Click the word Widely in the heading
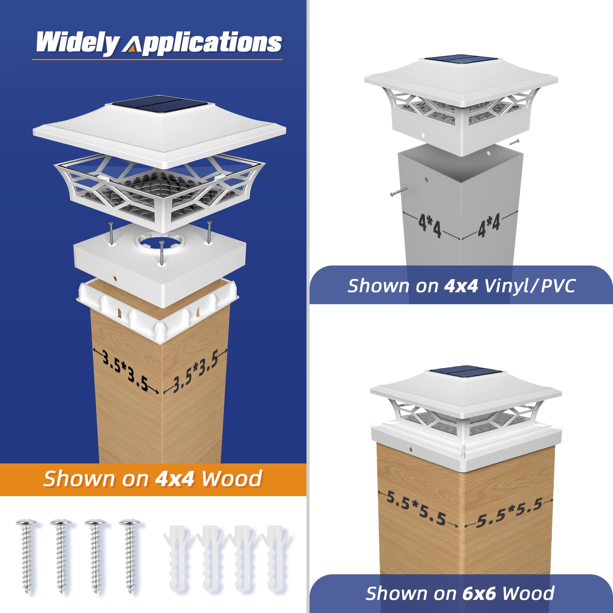tap(77, 43)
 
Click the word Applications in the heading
tap(202, 43)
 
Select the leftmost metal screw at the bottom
tap(26, 556)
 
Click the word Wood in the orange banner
tap(231, 479)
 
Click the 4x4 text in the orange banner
tap(174, 479)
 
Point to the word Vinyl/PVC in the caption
tap(529, 286)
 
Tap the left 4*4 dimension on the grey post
tap(429, 226)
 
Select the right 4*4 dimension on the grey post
tap(488, 225)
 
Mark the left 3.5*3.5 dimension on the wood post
tap(125, 371)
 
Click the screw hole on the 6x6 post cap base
tap(411, 449)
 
